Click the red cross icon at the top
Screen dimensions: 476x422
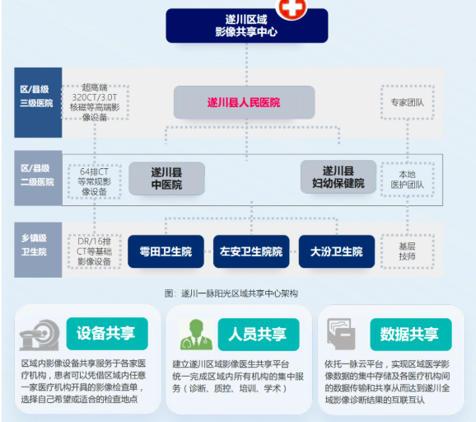(x=292, y=8)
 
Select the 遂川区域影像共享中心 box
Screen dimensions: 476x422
(x=247, y=26)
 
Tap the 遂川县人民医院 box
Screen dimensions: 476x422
(x=244, y=102)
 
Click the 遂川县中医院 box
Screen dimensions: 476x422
(x=166, y=178)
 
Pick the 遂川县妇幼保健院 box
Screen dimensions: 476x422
(x=338, y=177)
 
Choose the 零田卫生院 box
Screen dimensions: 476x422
(x=166, y=251)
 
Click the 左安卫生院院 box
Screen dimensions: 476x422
(x=251, y=251)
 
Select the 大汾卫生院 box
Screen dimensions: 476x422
(x=337, y=251)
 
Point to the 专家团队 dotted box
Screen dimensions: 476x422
(x=408, y=102)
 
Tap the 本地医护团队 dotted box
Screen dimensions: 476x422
(x=408, y=180)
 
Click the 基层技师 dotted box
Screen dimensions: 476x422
(x=408, y=251)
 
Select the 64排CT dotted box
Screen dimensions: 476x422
(x=95, y=181)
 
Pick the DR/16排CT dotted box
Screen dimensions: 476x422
(x=95, y=251)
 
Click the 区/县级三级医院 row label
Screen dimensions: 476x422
(x=38, y=102)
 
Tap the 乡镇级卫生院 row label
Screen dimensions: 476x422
(x=38, y=250)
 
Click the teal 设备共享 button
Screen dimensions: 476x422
(x=107, y=334)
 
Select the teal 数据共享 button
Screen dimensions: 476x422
(x=411, y=334)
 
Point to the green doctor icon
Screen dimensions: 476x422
(x=196, y=334)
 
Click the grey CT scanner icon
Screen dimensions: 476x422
(x=40, y=335)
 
